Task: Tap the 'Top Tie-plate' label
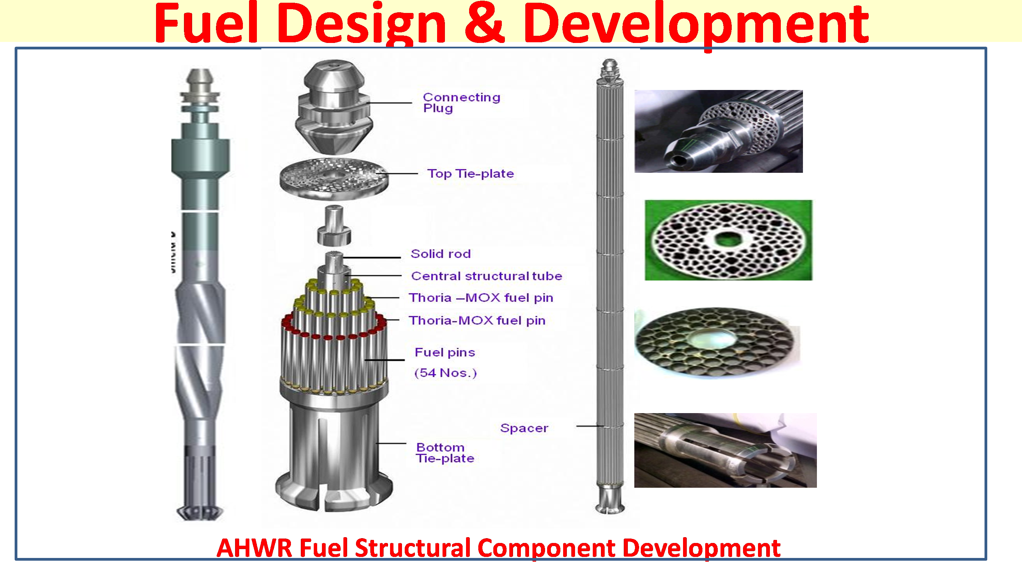(x=470, y=174)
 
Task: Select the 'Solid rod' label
(x=441, y=254)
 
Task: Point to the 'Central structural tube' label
(x=487, y=276)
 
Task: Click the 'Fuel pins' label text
(x=445, y=352)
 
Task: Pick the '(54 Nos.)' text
(x=445, y=373)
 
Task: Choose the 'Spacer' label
(x=524, y=428)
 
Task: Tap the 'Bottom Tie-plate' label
(x=445, y=453)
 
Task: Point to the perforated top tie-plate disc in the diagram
(x=334, y=178)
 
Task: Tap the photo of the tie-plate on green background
(x=728, y=240)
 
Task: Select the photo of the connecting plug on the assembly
(x=718, y=131)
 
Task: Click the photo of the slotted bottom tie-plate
(x=725, y=450)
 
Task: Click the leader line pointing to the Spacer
(x=590, y=426)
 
